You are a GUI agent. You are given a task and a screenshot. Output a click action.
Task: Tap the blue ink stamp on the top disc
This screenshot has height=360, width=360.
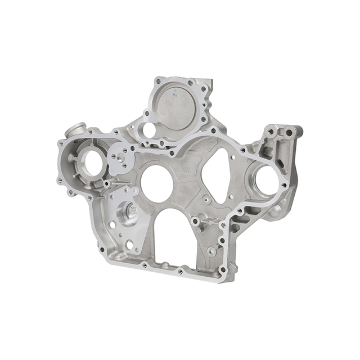tap(175, 96)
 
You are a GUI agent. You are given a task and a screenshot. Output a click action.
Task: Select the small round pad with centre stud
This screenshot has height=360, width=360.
tap(119, 159)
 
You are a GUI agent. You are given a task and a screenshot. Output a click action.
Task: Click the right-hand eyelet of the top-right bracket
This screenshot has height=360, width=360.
tap(289, 133)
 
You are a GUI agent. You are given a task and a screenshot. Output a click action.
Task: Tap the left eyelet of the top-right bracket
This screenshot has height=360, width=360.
tap(271, 131)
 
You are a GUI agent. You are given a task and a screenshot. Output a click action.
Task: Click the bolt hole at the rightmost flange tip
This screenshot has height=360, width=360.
tap(284, 185)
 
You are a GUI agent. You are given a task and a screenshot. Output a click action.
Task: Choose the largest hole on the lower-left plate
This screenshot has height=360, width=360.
tap(130, 245)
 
